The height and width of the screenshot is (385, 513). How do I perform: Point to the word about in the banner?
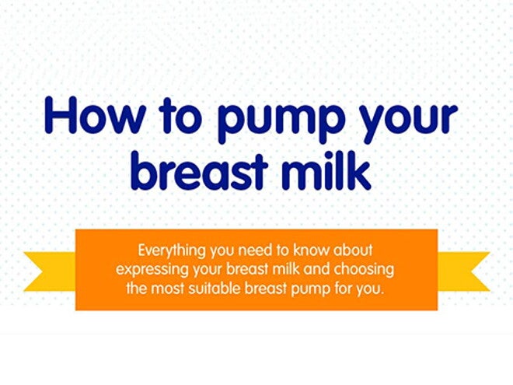(354, 251)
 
